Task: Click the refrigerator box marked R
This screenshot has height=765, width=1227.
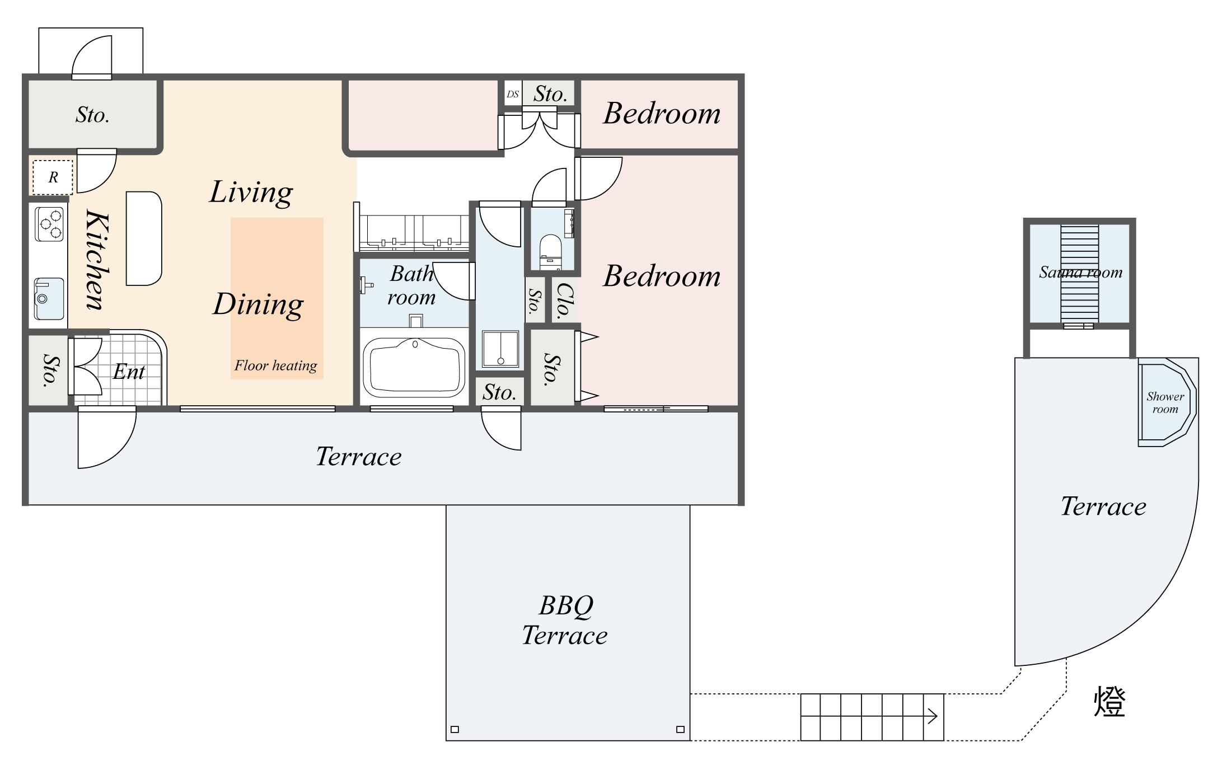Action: pos(53,177)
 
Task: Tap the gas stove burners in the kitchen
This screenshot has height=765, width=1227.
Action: pos(49,224)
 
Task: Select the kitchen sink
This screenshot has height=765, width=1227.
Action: pos(49,299)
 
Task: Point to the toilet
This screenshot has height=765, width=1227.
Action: pos(551,252)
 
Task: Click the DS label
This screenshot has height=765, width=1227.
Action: pos(513,94)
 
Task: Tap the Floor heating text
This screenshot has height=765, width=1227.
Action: pos(275,365)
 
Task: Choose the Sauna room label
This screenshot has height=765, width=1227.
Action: pos(1080,273)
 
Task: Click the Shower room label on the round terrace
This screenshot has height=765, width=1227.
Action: pos(1165,402)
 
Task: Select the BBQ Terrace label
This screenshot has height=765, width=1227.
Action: pos(565,620)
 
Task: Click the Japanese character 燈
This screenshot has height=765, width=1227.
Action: pos(1109,701)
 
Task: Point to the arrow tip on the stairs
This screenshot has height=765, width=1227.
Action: pos(937,716)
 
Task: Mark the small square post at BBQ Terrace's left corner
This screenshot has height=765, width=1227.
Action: pos(455,729)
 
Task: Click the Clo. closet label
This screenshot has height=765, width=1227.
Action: pos(565,301)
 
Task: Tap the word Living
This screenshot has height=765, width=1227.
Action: pos(251,193)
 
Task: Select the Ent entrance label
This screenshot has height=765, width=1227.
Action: pos(129,372)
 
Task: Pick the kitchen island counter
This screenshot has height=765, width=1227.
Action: pos(144,238)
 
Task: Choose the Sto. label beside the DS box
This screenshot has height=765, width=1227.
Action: pos(550,93)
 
